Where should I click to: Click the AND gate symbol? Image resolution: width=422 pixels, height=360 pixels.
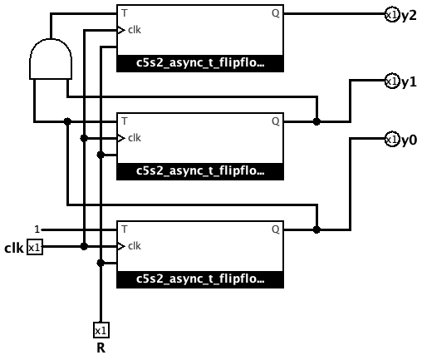coord(51,59)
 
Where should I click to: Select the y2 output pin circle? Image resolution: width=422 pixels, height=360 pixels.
coord(392,15)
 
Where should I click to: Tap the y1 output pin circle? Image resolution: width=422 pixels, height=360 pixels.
coord(392,81)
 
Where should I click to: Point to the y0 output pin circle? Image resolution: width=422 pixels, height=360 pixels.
coord(392,140)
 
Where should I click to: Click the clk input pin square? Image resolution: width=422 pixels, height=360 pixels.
coord(35,247)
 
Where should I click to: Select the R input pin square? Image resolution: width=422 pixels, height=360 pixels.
coord(101,330)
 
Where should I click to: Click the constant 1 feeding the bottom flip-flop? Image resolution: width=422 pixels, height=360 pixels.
coord(37,229)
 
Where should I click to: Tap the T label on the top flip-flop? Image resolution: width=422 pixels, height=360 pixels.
coord(125,13)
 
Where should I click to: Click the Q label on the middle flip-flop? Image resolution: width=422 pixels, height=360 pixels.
coord(276,121)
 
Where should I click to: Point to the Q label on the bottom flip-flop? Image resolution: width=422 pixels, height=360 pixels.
coord(276,229)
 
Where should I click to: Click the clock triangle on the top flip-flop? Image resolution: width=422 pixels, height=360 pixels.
coord(121,30)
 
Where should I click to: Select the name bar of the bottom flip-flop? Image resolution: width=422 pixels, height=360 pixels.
coord(200,279)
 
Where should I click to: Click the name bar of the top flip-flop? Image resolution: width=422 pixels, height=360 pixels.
coord(200,63)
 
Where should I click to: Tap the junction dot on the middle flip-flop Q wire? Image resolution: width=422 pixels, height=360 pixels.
coord(316,121)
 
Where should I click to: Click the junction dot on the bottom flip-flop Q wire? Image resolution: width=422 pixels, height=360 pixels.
coord(316,229)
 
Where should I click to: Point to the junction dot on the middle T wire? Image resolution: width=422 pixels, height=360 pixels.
coord(67,121)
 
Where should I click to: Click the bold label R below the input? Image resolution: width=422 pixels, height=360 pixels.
coord(101,348)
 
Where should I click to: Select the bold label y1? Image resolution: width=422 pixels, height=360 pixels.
coord(409,82)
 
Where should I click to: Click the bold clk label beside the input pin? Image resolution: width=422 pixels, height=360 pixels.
coord(14,248)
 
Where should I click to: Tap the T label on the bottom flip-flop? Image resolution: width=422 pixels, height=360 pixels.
coord(125,229)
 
